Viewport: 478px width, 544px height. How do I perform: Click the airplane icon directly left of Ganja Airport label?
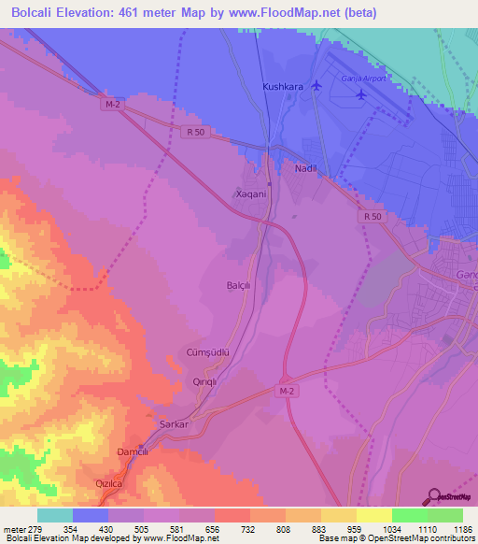click(316, 85)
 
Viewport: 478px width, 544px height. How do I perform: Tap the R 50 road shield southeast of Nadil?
click(372, 217)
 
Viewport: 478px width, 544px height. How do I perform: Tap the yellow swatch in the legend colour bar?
click(373, 515)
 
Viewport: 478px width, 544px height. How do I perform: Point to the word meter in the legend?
click(13, 529)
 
